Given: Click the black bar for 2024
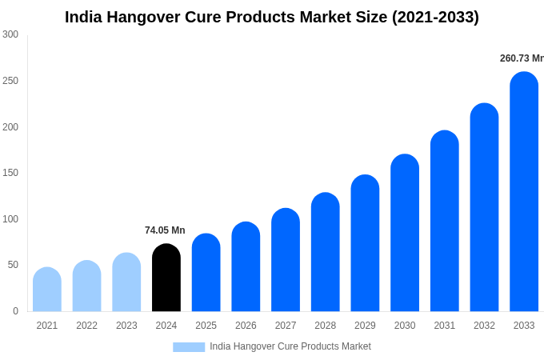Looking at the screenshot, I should [x=166, y=278].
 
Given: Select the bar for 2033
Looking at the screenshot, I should [x=524, y=192].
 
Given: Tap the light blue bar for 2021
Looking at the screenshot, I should [x=47, y=290].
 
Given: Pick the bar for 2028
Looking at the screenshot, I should [x=326, y=252].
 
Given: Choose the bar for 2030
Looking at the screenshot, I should [x=405, y=233].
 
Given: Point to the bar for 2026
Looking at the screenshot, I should [x=246, y=267].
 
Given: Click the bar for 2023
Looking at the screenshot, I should [x=126, y=282].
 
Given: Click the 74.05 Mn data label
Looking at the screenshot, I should [x=165, y=230].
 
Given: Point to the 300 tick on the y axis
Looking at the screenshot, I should [x=10, y=34].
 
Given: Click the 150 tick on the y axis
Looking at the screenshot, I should [x=10, y=173].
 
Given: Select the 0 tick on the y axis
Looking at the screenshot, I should [x=15, y=311].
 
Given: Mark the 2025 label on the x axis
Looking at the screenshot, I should [x=206, y=326].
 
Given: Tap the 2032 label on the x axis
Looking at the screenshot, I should [x=484, y=326].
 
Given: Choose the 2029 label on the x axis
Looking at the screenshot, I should [x=365, y=326].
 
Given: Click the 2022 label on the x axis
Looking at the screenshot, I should [x=86, y=326].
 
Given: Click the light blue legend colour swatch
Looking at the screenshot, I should [x=189, y=347].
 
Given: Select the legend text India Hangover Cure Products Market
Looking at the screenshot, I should [x=290, y=346].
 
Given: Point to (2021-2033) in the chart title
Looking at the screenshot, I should [x=435, y=17].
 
